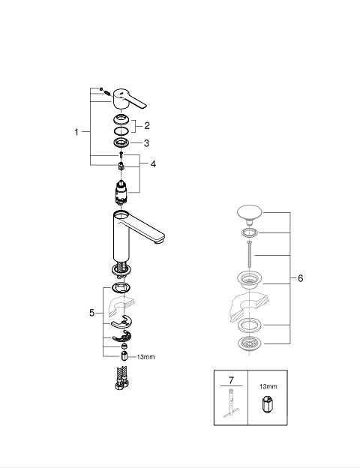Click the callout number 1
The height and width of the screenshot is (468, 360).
pos(76,132)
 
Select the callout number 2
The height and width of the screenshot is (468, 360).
pos(146,126)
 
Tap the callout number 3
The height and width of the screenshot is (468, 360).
pos(146,143)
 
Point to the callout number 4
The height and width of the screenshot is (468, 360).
pos(153,163)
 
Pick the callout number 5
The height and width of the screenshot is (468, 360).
pos(92,313)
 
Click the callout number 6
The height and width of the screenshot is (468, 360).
pos(300,278)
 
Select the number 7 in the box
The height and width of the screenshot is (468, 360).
pos(231,380)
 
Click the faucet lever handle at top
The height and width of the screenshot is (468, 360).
pos(129,99)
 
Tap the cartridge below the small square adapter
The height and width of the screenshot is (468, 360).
pos(121,193)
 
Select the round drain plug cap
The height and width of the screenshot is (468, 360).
pos(249,213)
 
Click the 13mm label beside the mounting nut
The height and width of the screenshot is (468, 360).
pos(145,357)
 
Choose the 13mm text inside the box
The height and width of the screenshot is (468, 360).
pos(268,386)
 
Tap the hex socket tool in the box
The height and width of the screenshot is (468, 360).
pos(268,404)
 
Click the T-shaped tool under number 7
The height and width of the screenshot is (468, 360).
pos(231,403)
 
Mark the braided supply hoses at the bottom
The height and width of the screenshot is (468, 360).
pos(121,378)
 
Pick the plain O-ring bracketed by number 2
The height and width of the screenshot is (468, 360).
pos(121,131)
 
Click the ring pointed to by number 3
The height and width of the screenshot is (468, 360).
pos(121,142)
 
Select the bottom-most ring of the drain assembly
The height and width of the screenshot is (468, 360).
pos(250,343)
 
